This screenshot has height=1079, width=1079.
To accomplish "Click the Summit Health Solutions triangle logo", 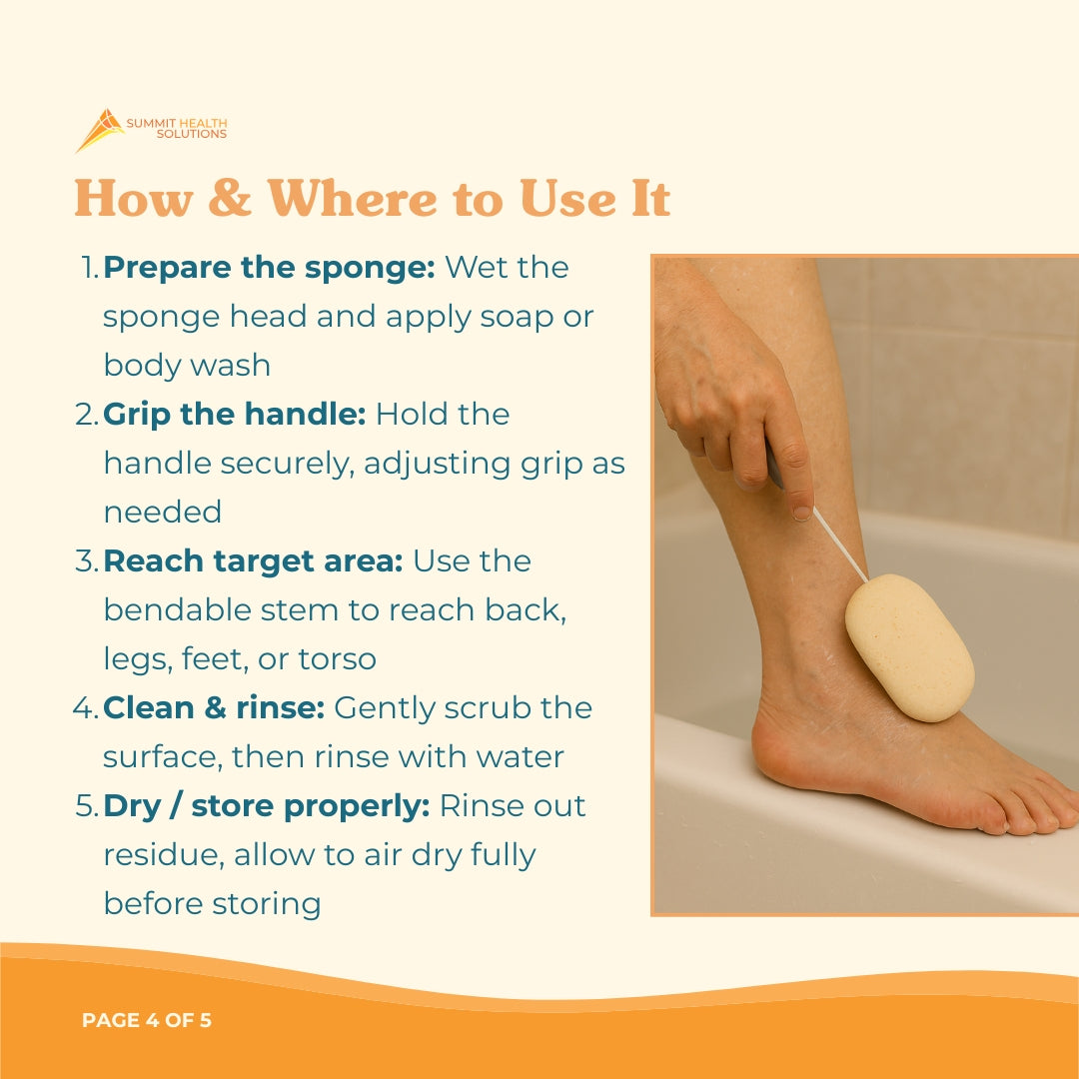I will coord(99,130).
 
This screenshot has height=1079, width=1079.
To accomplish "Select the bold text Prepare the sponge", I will coord(269,268).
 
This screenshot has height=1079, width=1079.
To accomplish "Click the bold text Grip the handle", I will coord(234,415).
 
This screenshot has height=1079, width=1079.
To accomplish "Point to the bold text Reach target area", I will coord(253,561).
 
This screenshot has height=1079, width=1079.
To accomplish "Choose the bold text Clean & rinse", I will coord(214,708).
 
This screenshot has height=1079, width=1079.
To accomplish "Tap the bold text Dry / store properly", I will coord(266,806).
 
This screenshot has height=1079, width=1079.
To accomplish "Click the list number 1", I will coord(88,268).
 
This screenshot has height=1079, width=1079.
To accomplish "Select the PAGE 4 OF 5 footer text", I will coord(147,1021).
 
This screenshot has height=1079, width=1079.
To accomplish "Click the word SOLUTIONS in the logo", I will coord(192,134).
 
